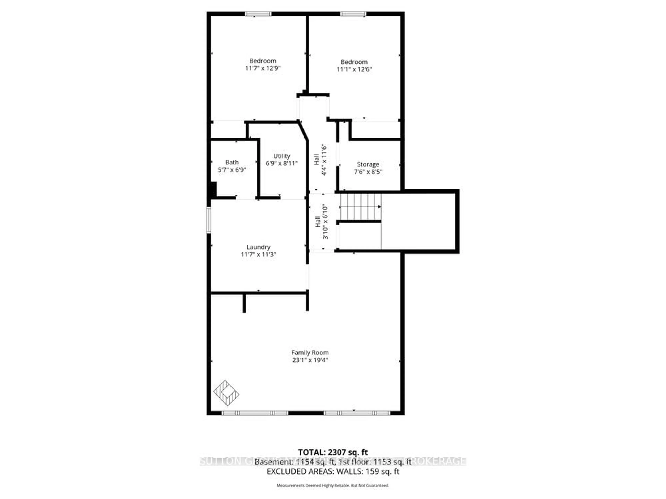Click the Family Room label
click(310, 353)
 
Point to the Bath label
click(232, 162)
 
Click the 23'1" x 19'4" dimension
click(310, 360)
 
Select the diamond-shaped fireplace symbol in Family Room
click(226, 393)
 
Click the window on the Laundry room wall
click(209, 220)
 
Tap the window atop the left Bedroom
click(258, 14)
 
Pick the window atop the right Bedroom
click(353, 14)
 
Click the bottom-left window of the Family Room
click(255, 413)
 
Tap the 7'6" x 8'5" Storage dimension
click(368, 172)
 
